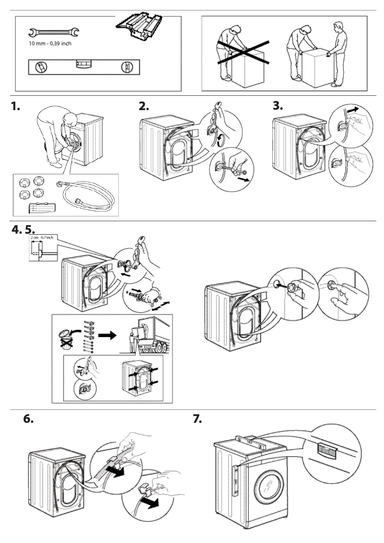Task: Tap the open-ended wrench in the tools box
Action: click(54, 33)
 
